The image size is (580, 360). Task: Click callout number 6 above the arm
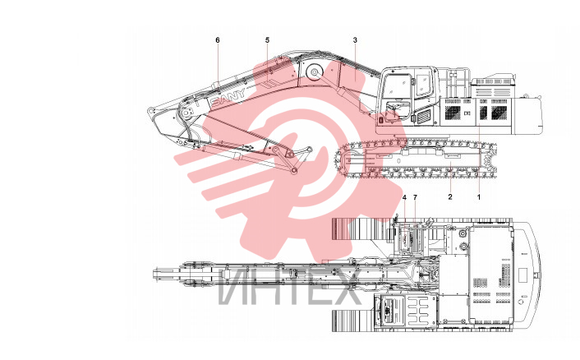click(x=218, y=40)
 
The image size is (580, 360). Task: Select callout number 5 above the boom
click(x=268, y=40)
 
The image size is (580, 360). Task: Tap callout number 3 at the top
click(x=355, y=40)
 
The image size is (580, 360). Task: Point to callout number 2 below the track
click(x=450, y=196)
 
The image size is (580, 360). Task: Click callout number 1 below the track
click(x=479, y=196)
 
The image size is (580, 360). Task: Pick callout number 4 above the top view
click(x=404, y=197)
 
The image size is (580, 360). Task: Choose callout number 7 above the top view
click(x=415, y=197)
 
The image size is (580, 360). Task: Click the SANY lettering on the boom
click(x=228, y=97)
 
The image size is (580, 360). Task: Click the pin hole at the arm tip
click(x=150, y=111)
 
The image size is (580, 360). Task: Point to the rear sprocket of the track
click(x=488, y=159)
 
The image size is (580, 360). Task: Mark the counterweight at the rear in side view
click(x=527, y=115)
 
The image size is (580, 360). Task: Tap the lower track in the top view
click(x=353, y=321)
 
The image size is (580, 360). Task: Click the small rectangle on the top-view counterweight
click(x=522, y=275)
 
